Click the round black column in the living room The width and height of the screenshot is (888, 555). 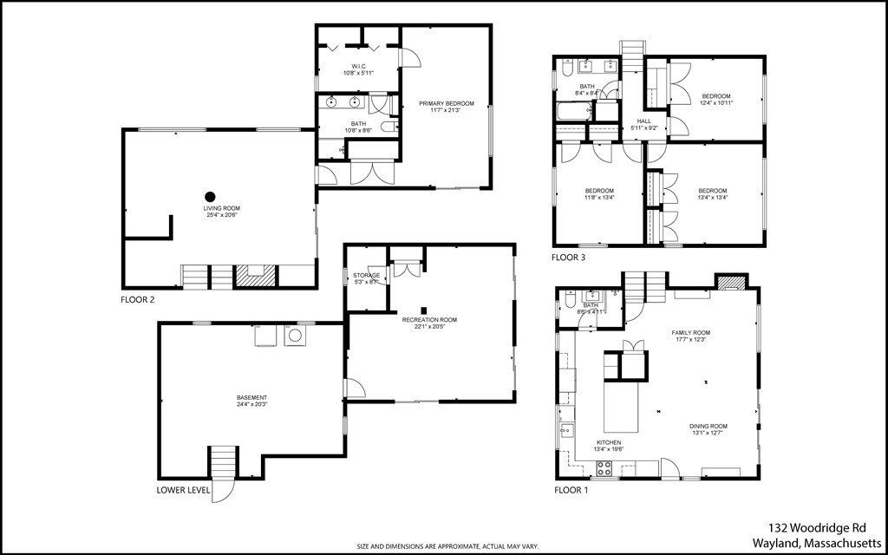[x=209, y=196]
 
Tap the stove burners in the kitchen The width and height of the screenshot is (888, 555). [x=604, y=469]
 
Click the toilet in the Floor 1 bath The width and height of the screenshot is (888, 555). [x=570, y=299]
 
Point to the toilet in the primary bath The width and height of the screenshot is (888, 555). [x=387, y=126]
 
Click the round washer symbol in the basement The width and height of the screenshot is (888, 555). [x=296, y=335]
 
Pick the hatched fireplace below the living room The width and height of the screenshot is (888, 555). [x=254, y=277]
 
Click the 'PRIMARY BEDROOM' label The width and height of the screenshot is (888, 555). [x=447, y=104]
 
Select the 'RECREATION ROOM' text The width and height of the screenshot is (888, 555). [x=429, y=320]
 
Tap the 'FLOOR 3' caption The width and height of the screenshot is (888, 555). [x=569, y=258]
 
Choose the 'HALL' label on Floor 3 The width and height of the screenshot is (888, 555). [x=643, y=121]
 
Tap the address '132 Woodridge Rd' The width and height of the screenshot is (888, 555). [x=816, y=527]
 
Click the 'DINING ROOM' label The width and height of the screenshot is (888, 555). [x=708, y=427]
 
